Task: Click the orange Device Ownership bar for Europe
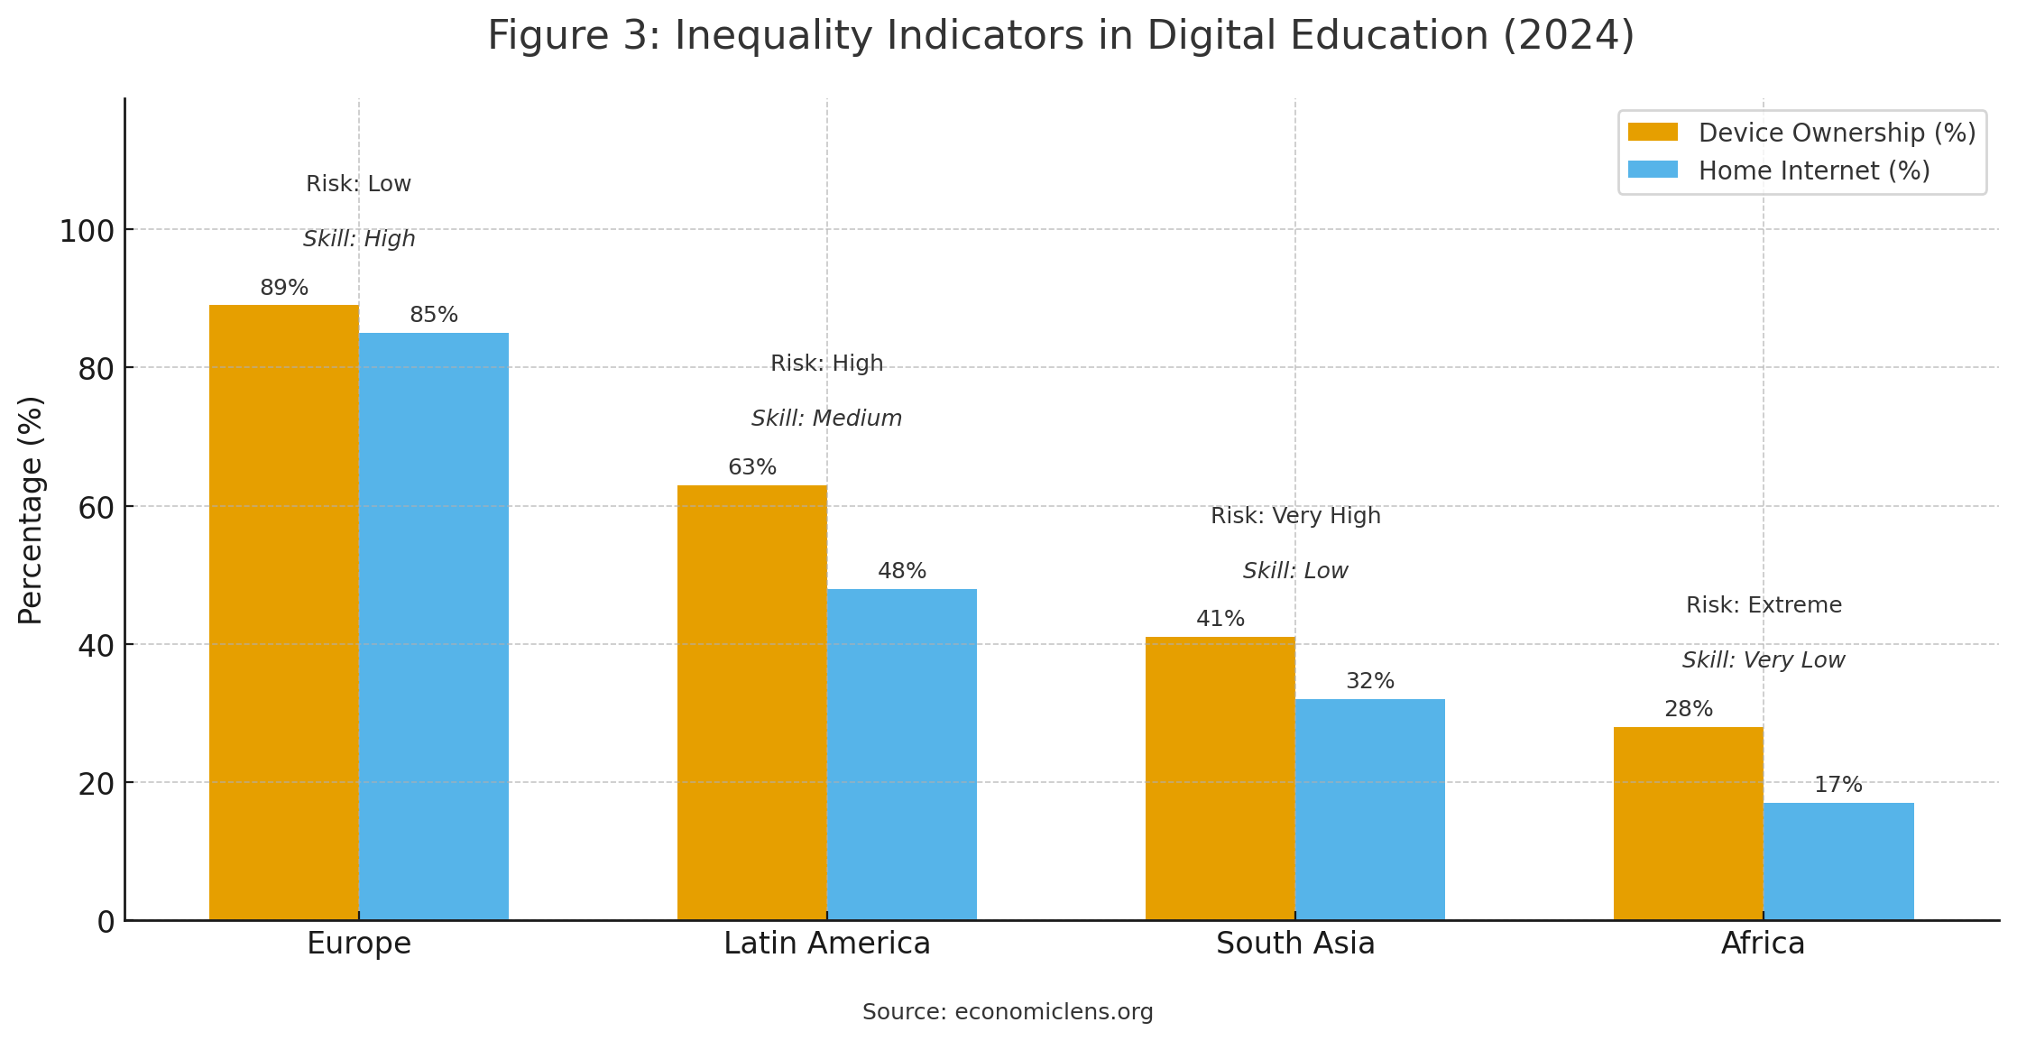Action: (x=284, y=613)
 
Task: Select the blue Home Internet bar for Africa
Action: (x=1838, y=861)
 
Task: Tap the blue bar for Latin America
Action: (x=902, y=754)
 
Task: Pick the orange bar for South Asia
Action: (x=1220, y=778)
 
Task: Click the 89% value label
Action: (x=284, y=288)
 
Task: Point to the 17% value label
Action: (x=1838, y=785)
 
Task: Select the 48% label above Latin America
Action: (x=902, y=571)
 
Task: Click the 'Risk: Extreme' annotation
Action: (x=1764, y=605)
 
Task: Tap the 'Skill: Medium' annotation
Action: (x=826, y=419)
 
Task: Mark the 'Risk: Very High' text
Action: (x=1295, y=516)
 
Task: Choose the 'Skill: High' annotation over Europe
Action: (x=359, y=239)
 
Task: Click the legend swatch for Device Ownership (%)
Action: (x=1653, y=133)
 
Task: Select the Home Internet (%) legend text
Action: (x=1814, y=170)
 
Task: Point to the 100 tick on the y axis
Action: (x=87, y=231)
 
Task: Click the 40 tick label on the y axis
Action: (x=96, y=646)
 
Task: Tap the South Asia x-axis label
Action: (x=1295, y=944)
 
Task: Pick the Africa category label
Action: (x=1763, y=944)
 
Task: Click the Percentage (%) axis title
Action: (x=31, y=510)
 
